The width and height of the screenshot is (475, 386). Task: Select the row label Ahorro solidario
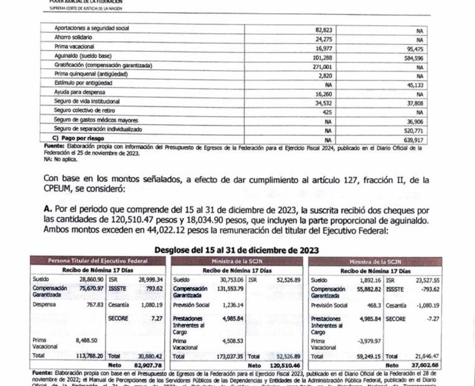coord(73,38)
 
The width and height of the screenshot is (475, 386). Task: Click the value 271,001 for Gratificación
coord(319,65)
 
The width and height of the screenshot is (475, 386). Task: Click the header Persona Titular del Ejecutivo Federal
coord(97,261)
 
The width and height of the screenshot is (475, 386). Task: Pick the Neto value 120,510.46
coord(289,365)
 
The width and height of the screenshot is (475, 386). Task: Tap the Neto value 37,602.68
coord(426,365)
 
